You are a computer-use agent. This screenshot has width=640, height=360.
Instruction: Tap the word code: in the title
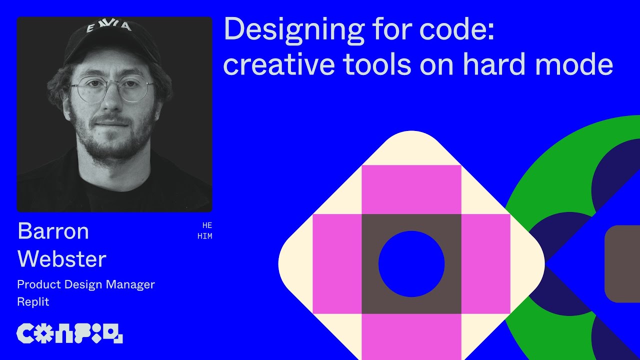pyautogui.click(x=456, y=30)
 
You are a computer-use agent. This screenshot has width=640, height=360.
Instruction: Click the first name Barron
pyautogui.click(x=53, y=231)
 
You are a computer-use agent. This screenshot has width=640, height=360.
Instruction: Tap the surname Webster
pyautogui.click(x=61, y=259)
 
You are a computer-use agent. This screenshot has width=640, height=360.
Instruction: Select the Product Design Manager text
pyautogui.click(x=85, y=284)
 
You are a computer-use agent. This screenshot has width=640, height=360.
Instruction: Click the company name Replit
pyautogui.click(x=33, y=301)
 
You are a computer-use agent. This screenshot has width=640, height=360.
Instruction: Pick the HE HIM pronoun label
pyautogui.click(x=205, y=231)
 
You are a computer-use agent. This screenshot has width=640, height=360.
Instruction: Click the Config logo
pyautogui.click(x=69, y=333)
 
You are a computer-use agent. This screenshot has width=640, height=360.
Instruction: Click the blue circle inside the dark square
pyautogui.click(x=411, y=264)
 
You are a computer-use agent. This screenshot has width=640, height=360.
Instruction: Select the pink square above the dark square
pyautogui.click(x=411, y=189)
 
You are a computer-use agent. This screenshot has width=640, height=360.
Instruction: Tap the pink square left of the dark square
pyautogui.click(x=336, y=264)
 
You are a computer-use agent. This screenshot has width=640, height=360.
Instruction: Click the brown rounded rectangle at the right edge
pyautogui.click(x=622, y=263)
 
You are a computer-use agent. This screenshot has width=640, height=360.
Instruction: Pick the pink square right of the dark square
pyautogui.click(x=485, y=264)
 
